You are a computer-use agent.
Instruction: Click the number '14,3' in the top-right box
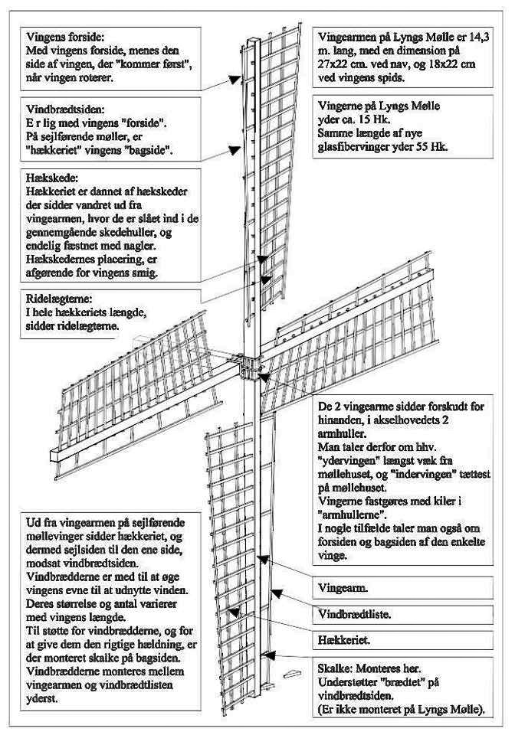[472, 36]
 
